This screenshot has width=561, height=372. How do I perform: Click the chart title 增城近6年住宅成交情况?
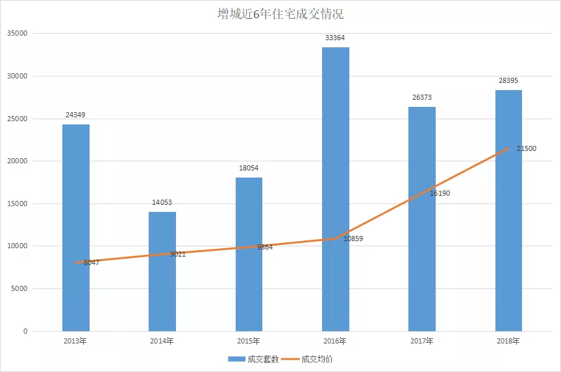point(280,14)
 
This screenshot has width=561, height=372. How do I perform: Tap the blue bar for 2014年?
point(162,272)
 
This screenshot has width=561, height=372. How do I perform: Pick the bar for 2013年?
point(76,227)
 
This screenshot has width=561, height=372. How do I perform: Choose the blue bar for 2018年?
point(508,211)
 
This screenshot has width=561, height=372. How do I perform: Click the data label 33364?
point(336,38)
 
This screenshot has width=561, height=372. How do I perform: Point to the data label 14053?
point(162,203)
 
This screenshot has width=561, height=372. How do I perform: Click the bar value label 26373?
point(422,98)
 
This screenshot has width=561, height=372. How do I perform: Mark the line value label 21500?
point(527,148)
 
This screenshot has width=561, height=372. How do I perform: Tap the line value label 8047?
point(92,262)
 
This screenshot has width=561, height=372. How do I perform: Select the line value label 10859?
point(353,238)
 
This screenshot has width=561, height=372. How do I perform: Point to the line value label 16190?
point(440,193)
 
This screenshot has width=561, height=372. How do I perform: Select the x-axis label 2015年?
point(249,341)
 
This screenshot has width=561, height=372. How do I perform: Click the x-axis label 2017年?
point(422,341)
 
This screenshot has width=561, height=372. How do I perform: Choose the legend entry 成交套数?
point(253,359)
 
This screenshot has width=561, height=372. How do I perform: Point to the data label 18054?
point(249,169)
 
